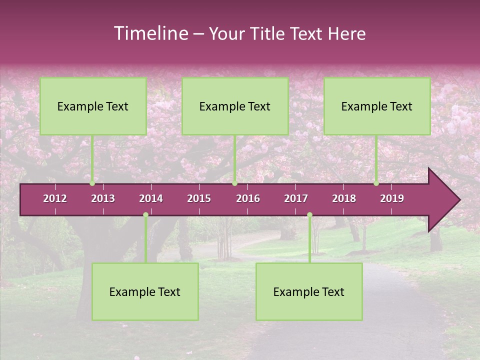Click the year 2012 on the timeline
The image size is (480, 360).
[55, 198]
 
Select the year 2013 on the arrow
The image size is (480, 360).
[103, 198]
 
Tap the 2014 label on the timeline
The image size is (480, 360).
[151, 198]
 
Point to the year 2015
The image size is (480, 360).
[199, 198]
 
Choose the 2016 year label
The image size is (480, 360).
[248, 198]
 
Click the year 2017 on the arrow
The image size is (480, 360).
[296, 198]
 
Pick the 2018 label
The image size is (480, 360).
[344, 198]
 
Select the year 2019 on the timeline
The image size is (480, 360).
[392, 198]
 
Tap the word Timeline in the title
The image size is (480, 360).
[150, 33]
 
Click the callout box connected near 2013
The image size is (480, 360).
[93, 106]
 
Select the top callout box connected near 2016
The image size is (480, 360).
[235, 106]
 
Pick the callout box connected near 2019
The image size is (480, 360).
[377, 106]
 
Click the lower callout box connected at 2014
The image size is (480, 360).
[145, 291]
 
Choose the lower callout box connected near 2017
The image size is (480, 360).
[309, 291]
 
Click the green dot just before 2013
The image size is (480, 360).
[92, 183]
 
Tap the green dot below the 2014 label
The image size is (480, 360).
[145, 215]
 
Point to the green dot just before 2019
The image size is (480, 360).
[376, 183]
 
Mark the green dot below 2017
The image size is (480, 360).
[309, 215]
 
